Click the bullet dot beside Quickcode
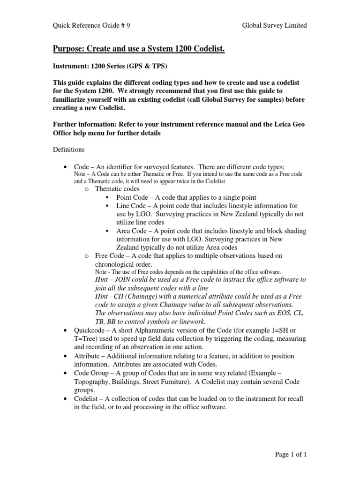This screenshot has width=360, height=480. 66,330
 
